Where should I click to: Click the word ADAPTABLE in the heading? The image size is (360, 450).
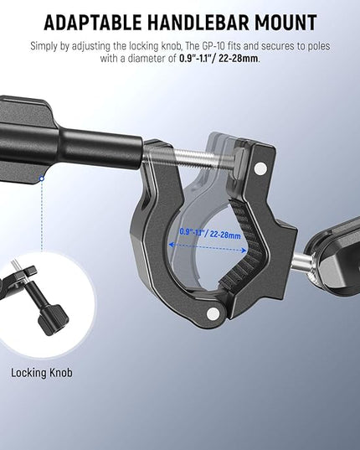(x=93, y=23)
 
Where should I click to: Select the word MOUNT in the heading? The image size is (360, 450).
(x=285, y=23)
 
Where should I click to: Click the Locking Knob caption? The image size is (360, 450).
(x=42, y=373)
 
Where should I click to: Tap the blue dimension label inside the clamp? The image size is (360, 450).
(x=210, y=233)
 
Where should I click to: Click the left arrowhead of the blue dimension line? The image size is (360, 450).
(x=172, y=245)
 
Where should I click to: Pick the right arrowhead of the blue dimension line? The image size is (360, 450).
(x=244, y=251)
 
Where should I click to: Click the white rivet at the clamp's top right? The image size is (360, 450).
(x=260, y=167)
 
